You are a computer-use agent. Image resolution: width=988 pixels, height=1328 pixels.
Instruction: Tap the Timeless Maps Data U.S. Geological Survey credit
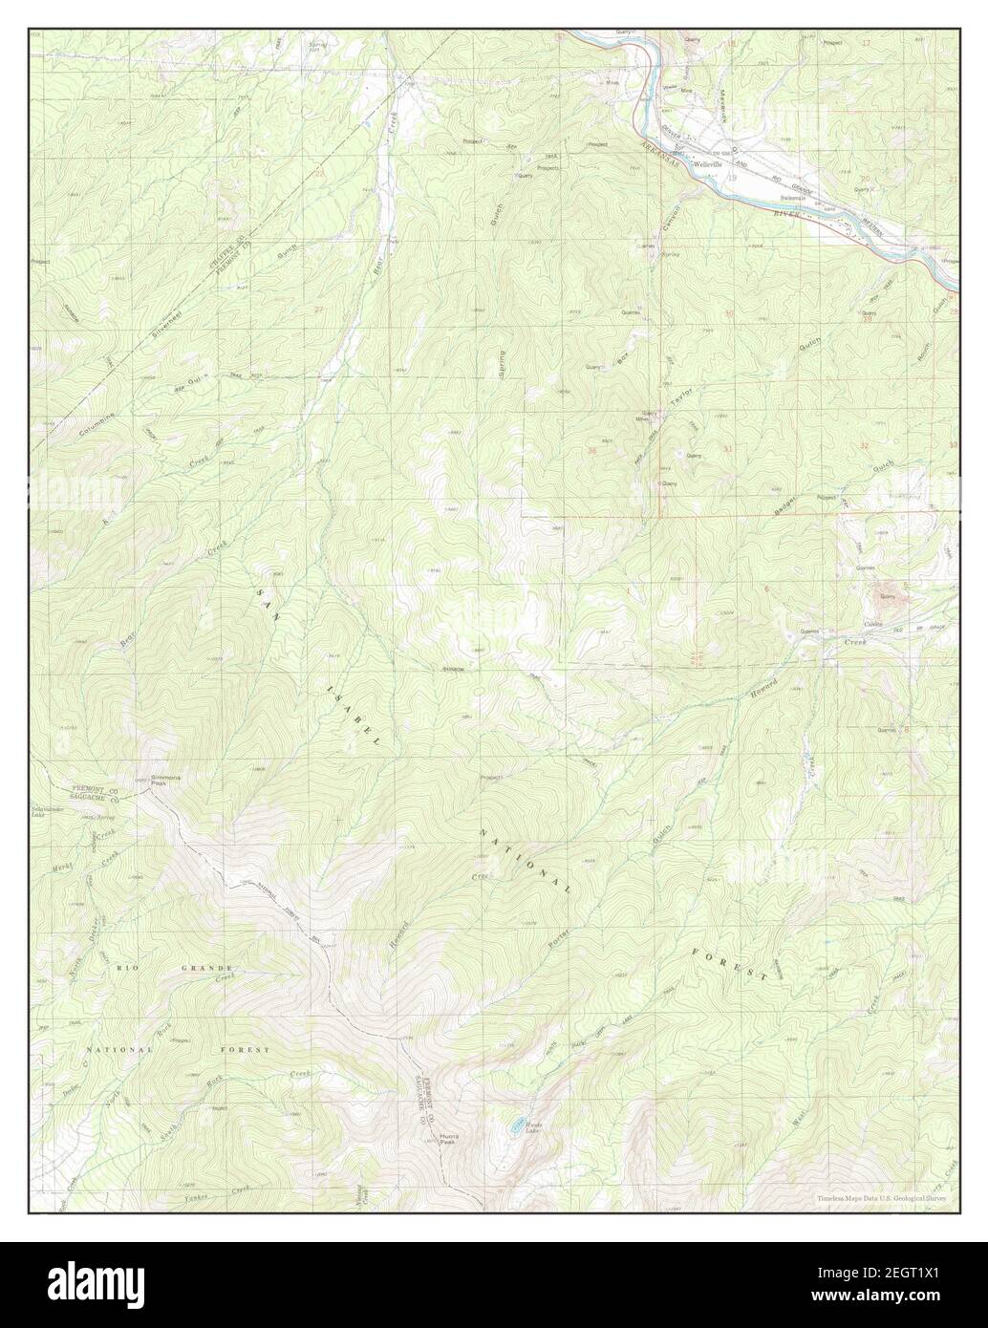(x=879, y=1198)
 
